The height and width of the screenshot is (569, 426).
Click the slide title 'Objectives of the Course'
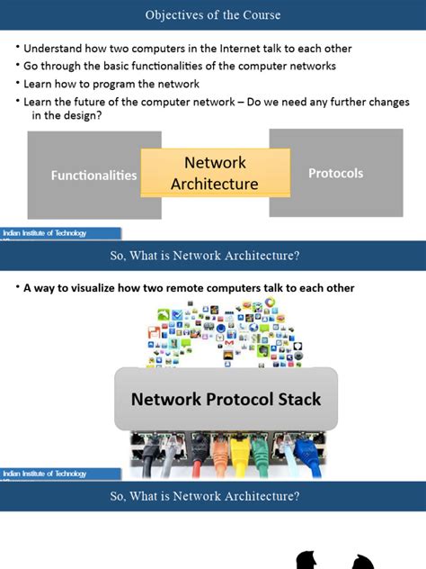(213, 15)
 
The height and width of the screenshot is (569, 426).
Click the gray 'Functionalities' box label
(93, 176)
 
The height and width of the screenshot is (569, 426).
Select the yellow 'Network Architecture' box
(215, 173)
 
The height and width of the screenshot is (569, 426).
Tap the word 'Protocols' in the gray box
(335, 173)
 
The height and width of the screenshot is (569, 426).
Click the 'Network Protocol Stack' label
(226, 399)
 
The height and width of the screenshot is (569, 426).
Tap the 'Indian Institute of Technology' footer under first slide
(45, 233)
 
